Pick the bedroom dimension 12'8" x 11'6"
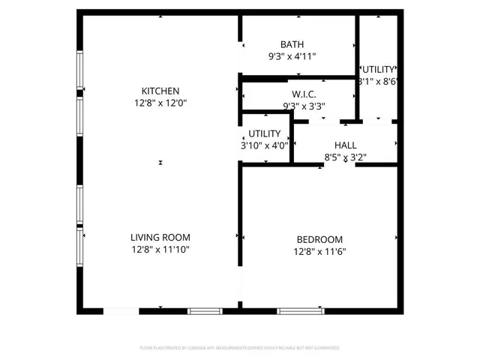tap(319, 252)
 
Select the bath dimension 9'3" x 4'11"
tap(298, 56)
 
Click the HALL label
tap(346, 145)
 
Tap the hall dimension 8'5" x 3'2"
tap(346, 157)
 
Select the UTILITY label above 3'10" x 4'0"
tap(265, 133)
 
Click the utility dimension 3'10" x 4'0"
tap(264, 145)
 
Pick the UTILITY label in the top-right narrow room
tap(378, 69)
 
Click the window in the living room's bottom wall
tap(205, 310)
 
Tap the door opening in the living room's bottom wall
tap(120, 310)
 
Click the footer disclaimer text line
tap(240, 348)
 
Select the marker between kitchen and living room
tap(160, 163)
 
